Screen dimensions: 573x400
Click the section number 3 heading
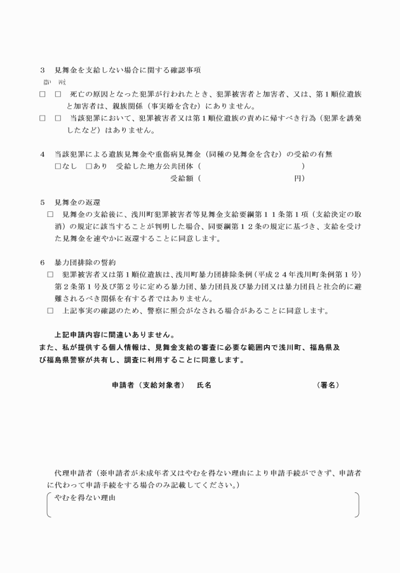pyautogui.click(x=43, y=69)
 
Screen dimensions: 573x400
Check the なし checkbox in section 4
pyautogui.click(x=58, y=166)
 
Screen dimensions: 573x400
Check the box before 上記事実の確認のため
pyautogui.click(x=50, y=311)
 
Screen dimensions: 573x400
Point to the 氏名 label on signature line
pyautogui.click(x=204, y=385)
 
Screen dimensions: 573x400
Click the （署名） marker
pyautogui.click(x=328, y=385)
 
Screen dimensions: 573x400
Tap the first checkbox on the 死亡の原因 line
pyautogui.click(x=42, y=93)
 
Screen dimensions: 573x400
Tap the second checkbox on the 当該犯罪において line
pyautogui.click(x=58, y=118)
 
